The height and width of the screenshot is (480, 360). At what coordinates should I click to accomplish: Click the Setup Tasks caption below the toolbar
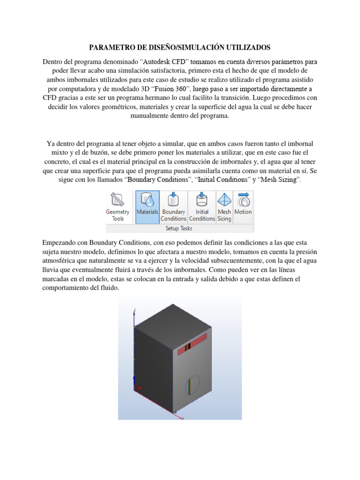click(x=179, y=228)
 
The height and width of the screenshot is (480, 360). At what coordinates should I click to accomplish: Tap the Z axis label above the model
click(x=135, y=310)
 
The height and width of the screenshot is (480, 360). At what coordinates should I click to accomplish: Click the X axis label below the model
click(x=183, y=417)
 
